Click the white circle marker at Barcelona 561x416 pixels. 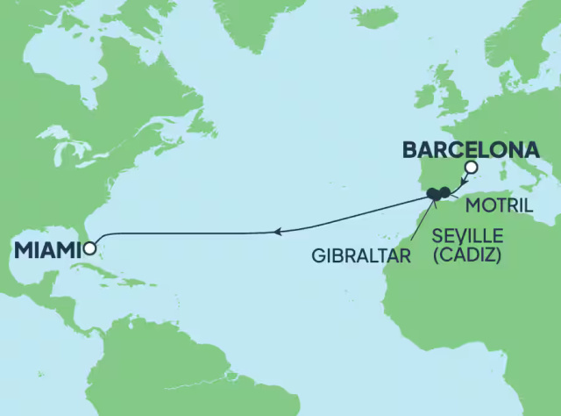(472, 168)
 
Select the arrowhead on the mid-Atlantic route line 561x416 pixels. (277, 232)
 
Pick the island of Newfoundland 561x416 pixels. (202, 123)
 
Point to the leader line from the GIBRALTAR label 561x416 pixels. (423, 224)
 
